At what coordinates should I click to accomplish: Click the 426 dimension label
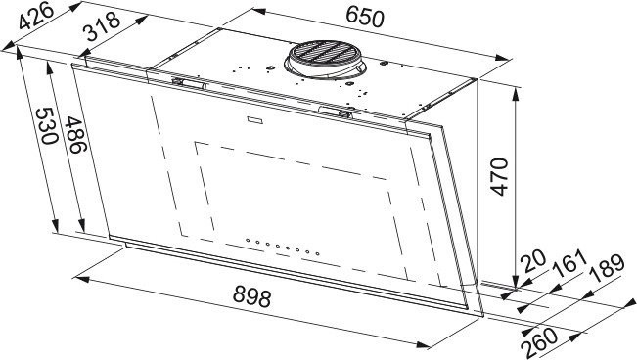point(36,16)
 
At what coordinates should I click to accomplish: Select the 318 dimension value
point(103,26)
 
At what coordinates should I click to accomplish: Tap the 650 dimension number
point(364,18)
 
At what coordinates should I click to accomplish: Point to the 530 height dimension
point(47,126)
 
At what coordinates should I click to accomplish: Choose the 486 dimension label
point(76,134)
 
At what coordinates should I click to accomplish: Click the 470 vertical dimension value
point(498,177)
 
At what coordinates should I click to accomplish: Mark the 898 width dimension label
point(252,296)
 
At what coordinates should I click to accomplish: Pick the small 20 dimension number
point(534,261)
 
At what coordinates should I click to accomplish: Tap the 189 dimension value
point(608,268)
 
